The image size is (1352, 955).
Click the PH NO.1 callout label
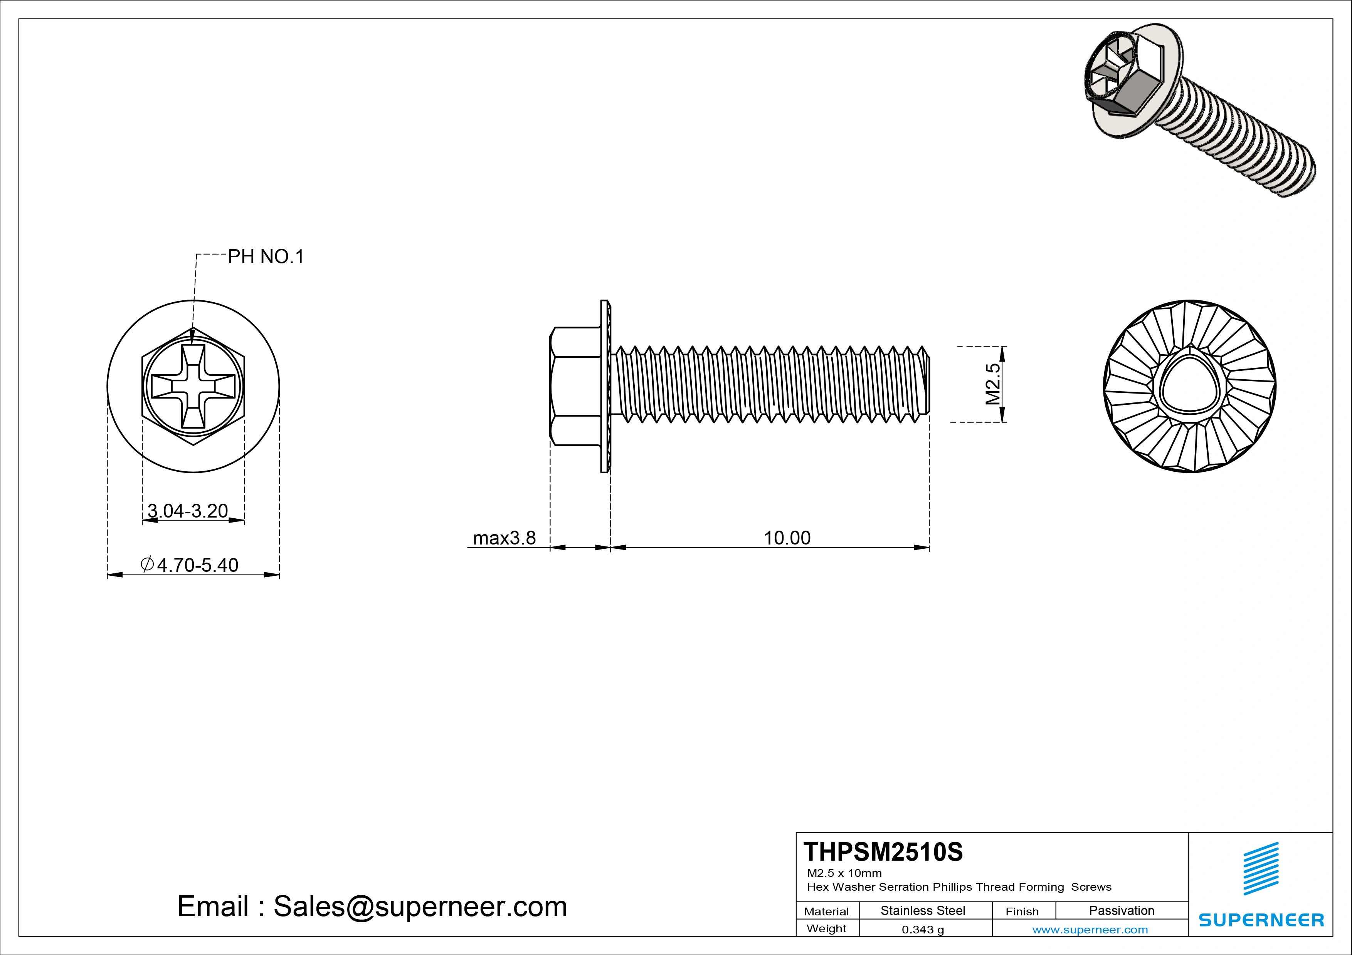pos(266,256)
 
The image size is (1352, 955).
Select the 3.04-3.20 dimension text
pos(187,511)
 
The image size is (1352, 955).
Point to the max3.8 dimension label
pos(504,538)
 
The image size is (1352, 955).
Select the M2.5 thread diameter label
pos(993,384)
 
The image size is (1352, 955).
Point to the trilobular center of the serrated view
pos(1189,387)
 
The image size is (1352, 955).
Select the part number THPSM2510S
pos(883,852)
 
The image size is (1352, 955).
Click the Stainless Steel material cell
pos(922,910)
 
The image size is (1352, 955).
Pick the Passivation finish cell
pos(1121,910)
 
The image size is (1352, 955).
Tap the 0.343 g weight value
pos(923,930)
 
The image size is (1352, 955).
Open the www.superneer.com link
pos(1090,930)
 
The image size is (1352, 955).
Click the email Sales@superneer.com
pos(372,907)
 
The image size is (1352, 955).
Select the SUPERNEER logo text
pos(1261,920)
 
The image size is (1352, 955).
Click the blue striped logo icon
pos(1261,868)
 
